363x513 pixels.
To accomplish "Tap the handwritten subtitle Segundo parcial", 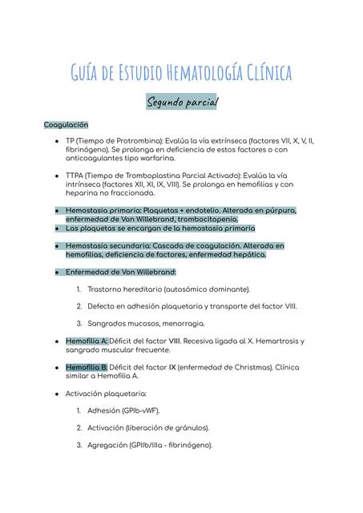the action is click(181, 103).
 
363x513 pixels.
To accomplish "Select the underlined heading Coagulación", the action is click(66, 125).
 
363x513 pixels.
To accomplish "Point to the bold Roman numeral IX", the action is click(171, 367).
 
